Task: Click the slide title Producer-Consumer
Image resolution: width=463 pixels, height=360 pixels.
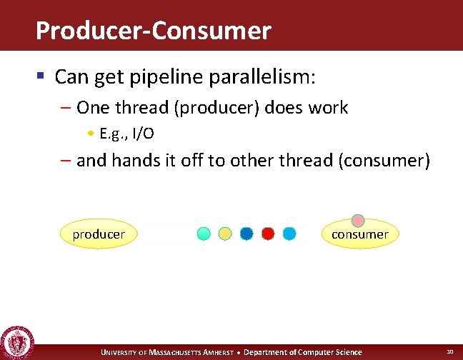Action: pos(153,31)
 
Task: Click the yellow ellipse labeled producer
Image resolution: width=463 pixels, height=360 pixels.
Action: pos(99,234)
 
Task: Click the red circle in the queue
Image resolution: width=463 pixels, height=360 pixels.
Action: pos(268,233)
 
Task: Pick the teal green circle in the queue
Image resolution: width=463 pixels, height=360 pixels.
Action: pos(204,233)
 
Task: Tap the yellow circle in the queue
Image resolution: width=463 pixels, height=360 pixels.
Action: pos(225,233)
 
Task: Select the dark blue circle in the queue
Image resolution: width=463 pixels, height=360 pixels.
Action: pos(247,233)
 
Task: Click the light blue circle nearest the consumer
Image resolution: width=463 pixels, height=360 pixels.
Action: pos(289,233)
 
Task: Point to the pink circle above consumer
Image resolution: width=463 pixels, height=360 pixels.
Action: pos(358,221)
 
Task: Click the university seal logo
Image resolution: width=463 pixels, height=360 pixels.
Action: pos(16,343)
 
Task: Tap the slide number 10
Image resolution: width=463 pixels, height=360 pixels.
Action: pos(449,351)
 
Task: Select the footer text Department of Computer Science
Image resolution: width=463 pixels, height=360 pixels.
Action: pos(303,352)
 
